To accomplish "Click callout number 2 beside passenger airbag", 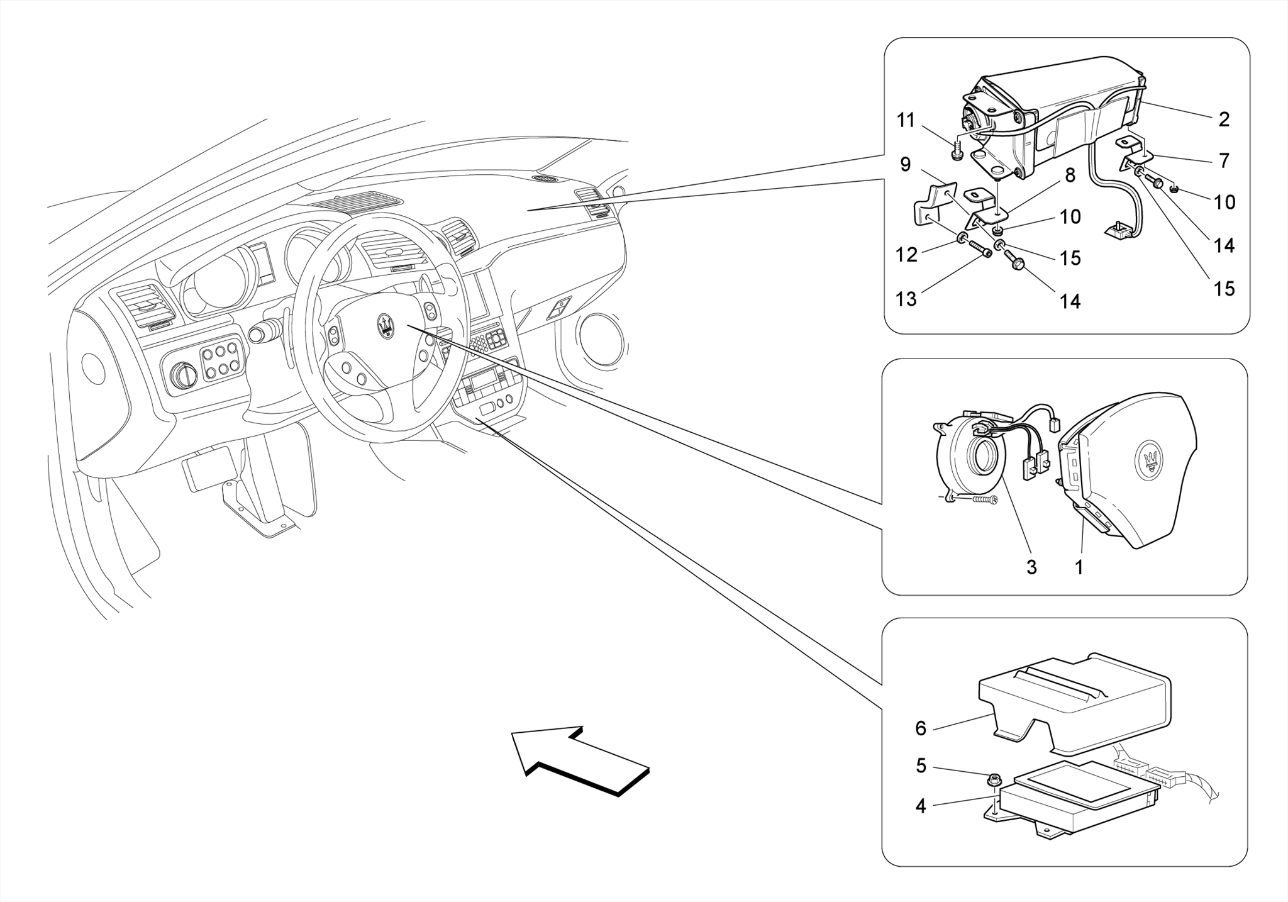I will point(1223,120).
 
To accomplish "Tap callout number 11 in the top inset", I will point(906,120).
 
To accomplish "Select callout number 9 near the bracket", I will point(905,165).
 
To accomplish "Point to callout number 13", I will point(906,299).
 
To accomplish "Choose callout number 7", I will point(1224,161).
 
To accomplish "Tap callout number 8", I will point(1070,175).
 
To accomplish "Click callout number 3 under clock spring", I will point(1031,567).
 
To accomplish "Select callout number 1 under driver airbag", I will point(1079,567).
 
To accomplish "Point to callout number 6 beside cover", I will point(921,728).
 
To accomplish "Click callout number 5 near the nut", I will point(921,766).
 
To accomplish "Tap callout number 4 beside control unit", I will point(921,806).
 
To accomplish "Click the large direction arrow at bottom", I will point(579,761).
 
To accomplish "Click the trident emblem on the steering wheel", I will point(385,325).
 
